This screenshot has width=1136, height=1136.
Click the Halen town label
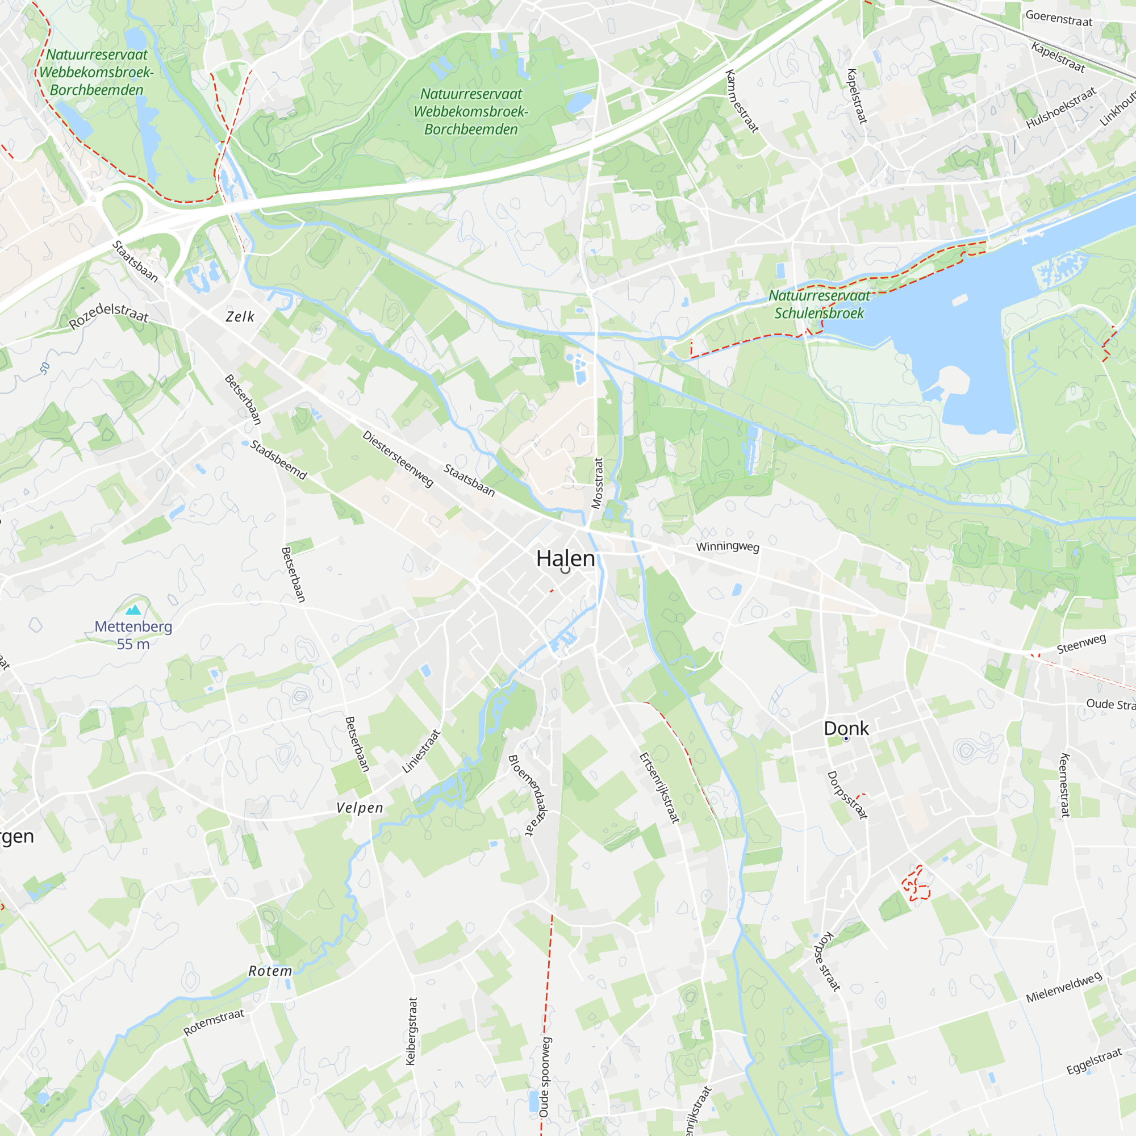pos(565,558)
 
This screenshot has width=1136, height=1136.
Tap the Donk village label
pos(846,729)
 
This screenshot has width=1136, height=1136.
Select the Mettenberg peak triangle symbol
pos(133,609)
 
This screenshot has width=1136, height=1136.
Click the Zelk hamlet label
pos(240,317)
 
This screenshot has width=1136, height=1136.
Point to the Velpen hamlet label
pos(360,808)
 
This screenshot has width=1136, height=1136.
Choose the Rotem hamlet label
pos(270,971)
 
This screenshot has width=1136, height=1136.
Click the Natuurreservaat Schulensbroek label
pos(819,304)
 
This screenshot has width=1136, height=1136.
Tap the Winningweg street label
pos(728,547)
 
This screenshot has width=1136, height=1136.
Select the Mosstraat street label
pos(598,483)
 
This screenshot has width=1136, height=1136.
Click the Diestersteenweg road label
pos(398,459)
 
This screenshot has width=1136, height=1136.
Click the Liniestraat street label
pos(421,751)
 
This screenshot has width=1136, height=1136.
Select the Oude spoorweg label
pos(545,1077)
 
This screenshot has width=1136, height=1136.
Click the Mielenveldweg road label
pos(1064,988)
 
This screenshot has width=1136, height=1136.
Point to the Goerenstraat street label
pos(1059,18)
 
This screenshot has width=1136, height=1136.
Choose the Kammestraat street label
pos(741,101)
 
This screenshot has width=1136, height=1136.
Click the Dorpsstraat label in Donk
pos(847,795)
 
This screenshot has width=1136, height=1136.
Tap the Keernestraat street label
pos(1064,785)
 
